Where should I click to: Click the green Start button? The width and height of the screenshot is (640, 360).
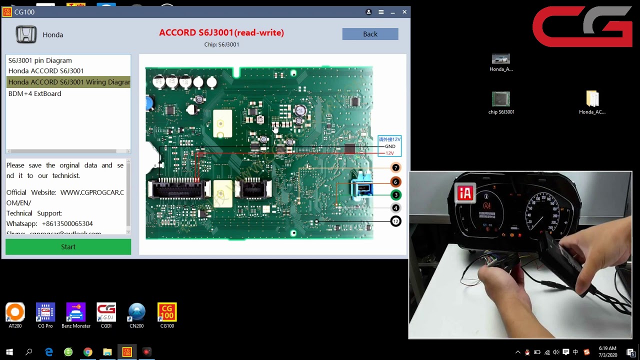point(68,247)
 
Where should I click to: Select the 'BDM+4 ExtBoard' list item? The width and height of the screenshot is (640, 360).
point(34,93)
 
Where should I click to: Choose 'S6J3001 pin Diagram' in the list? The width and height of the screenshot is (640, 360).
point(40,60)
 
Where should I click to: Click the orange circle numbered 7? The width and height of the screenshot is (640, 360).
point(395,168)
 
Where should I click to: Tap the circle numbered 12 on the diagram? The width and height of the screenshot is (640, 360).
point(395,221)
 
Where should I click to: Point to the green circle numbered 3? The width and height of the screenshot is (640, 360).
point(395,195)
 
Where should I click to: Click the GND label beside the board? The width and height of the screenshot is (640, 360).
point(390,146)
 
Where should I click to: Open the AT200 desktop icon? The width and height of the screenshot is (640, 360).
point(15,313)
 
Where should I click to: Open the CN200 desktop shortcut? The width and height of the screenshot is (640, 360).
point(136,313)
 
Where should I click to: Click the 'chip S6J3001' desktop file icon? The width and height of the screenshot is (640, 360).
point(501,99)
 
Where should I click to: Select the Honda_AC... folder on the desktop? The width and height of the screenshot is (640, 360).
point(592,99)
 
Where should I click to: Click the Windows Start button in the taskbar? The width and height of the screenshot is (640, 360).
point(9,352)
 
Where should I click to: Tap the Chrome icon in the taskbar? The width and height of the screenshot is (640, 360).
point(87,352)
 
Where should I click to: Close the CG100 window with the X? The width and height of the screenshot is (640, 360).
point(404,12)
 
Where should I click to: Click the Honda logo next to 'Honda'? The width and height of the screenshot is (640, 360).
point(26,34)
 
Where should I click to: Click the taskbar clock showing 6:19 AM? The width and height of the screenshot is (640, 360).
point(607,351)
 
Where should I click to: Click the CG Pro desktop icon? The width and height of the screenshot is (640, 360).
point(45,313)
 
